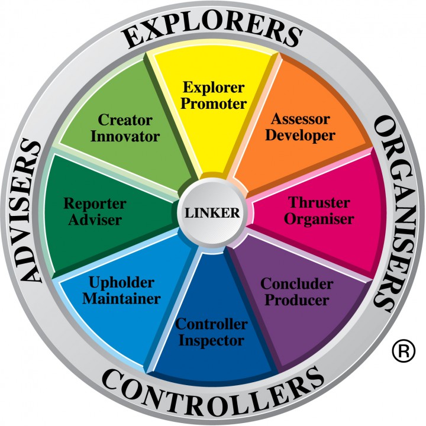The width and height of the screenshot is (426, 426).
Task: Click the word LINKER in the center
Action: tap(212, 213)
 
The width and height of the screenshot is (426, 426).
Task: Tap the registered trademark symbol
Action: tap(404, 351)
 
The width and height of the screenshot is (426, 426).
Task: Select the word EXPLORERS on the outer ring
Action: tap(213, 30)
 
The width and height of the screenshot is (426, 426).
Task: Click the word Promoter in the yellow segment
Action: tap(214, 104)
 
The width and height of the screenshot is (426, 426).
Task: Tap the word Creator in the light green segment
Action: tap(125, 120)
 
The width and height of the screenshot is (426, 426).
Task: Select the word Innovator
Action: tap(125, 136)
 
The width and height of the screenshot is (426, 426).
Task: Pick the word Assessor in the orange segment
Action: tap(301, 119)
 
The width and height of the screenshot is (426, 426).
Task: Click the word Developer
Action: tap(300, 135)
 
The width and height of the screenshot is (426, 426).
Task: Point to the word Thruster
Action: tap(319, 202)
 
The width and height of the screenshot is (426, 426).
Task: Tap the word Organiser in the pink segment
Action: tap(319, 220)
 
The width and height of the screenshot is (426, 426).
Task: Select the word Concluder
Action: tap(297, 284)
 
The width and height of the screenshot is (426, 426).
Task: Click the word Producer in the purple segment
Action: tap(297, 300)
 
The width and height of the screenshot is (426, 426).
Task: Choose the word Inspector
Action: tap(211, 341)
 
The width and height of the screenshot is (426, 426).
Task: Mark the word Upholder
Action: tap(121, 283)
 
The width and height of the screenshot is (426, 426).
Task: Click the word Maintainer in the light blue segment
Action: tap(121, 299)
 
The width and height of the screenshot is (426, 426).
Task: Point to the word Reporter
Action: tap(95, 204)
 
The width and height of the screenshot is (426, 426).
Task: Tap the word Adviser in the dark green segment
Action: tap(95, 220)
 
